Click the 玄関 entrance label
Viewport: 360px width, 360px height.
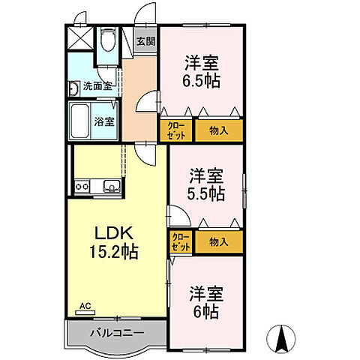[145, 42]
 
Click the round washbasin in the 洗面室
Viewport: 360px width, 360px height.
[75, 89]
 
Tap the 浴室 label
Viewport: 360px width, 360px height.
[104, 121]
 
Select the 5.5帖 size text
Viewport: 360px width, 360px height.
[205, 193]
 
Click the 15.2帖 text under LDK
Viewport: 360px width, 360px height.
[112, 253]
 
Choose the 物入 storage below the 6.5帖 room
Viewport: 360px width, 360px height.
[219, 130]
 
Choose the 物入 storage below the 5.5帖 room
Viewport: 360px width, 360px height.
[219, 242]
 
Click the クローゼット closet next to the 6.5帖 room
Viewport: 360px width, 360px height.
[177, 130]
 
